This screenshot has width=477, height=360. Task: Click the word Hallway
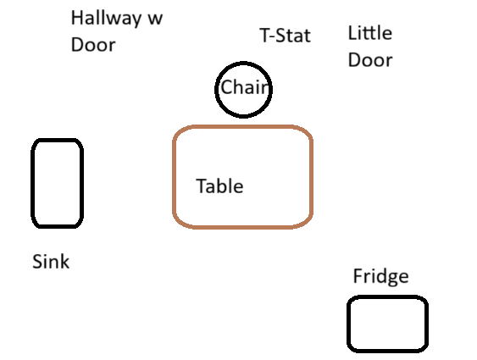pyautogui.click(x=106, y=19)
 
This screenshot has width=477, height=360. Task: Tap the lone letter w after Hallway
pyautogui.click(x=155, y=19)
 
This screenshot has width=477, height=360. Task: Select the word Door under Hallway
pyautogui.click(x=93, y=45)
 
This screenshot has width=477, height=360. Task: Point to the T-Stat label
pyautogui.click(x=285, y=36)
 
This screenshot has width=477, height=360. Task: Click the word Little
pyautogui.click(x=370, y=33)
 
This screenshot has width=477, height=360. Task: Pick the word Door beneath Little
pyautogui.click(x=370, y=60)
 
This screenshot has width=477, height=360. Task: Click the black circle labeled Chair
pyautogui.click(x=243, y=63)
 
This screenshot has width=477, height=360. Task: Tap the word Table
pyautogui.click(x=219, y=186)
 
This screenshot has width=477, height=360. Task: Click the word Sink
pyautogui.click(x=51, y=262)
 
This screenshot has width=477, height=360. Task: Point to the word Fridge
pyautogui.click(x=381, y=277)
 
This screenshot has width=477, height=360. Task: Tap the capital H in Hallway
pyautogui.click(x=76, y=18)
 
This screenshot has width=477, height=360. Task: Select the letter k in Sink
pyautogui.click(x=65, y=262)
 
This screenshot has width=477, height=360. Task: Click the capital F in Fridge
pyautogui.click(x=358, y=276)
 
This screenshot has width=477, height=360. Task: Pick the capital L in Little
pyautogui.click(x=352, y=33)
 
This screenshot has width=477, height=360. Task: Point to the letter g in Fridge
pyautogui.click(x=390, y=279)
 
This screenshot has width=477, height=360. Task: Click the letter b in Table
pyautogui.click(x=221, y=186)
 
